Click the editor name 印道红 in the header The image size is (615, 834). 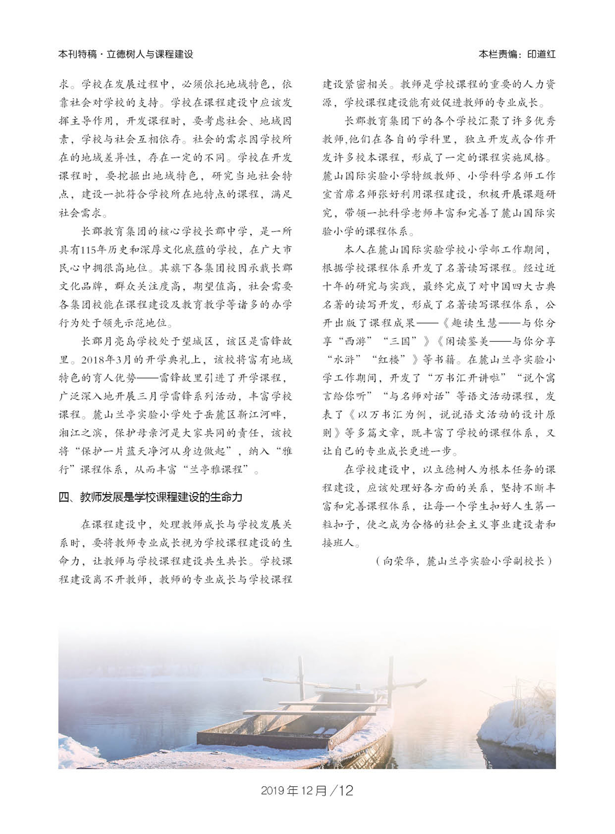541,54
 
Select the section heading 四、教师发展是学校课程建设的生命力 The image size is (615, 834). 150,497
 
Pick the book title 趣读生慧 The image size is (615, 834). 474,323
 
